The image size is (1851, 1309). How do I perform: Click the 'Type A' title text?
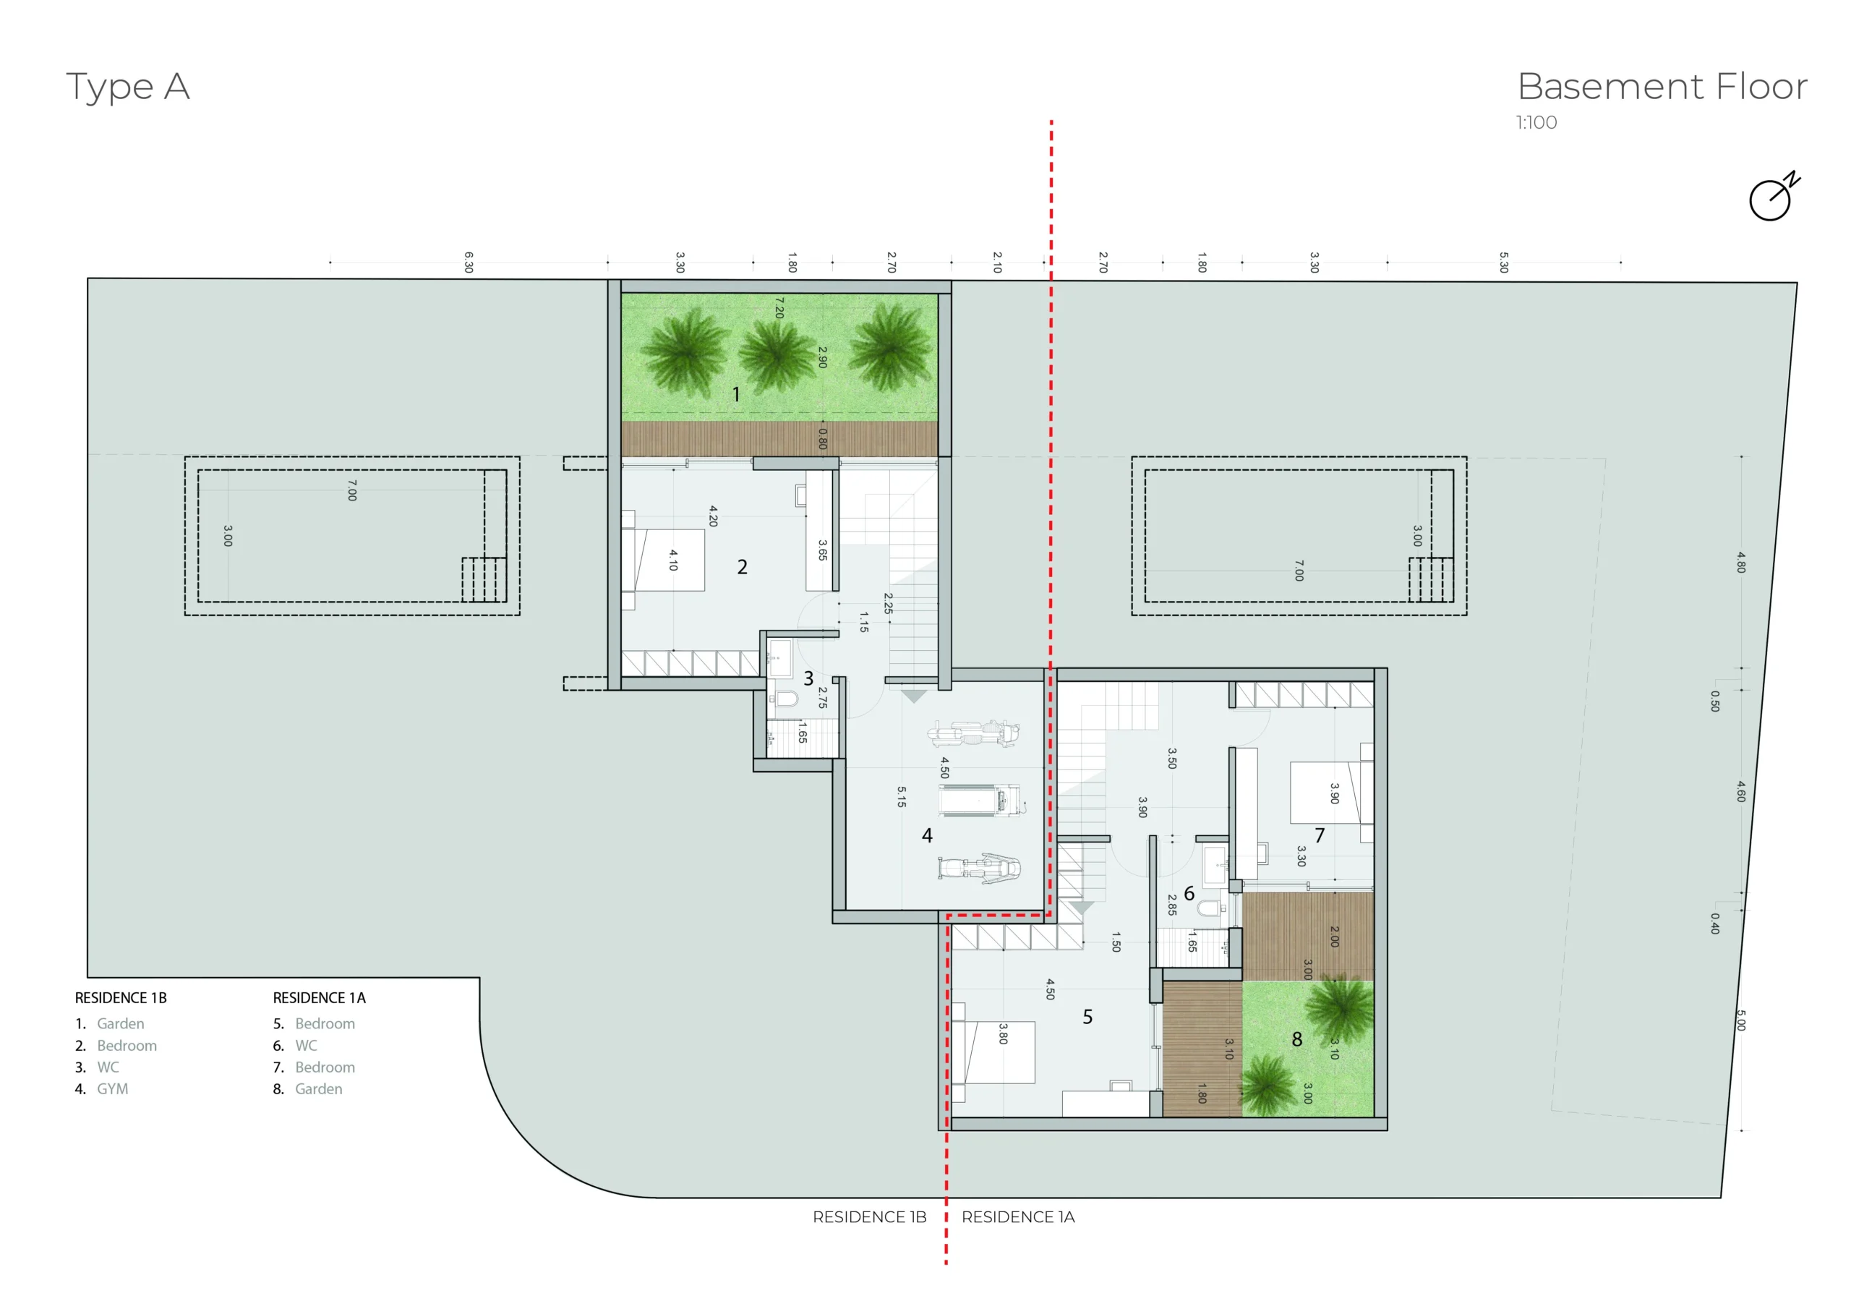pos(127,86)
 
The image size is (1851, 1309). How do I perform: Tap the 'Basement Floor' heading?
pos(1662,86)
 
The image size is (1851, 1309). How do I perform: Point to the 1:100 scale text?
pos(1536,123)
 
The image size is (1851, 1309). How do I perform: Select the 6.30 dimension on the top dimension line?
pos(469,262)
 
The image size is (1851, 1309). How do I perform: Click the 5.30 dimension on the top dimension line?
pos(1503,262)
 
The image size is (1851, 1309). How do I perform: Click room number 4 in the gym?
pos(927,835)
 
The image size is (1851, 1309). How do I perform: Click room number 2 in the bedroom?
pos(742,567)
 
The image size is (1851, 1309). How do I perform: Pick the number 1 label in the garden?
pos(736,393)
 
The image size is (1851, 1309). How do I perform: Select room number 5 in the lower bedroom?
pos(1087,1017)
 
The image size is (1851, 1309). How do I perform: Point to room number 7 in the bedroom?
pos(1320,835)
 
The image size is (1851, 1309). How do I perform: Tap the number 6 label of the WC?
pos(1189,894)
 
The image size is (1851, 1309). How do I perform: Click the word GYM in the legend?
pos(112,1089)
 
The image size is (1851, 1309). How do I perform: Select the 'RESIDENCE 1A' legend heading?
pos(320,998)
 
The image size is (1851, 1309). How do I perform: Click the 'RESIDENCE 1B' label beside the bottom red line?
pos(869,1217)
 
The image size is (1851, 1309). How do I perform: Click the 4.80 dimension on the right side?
pos(1741,562)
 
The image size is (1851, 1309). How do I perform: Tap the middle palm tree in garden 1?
pos(777,352)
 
